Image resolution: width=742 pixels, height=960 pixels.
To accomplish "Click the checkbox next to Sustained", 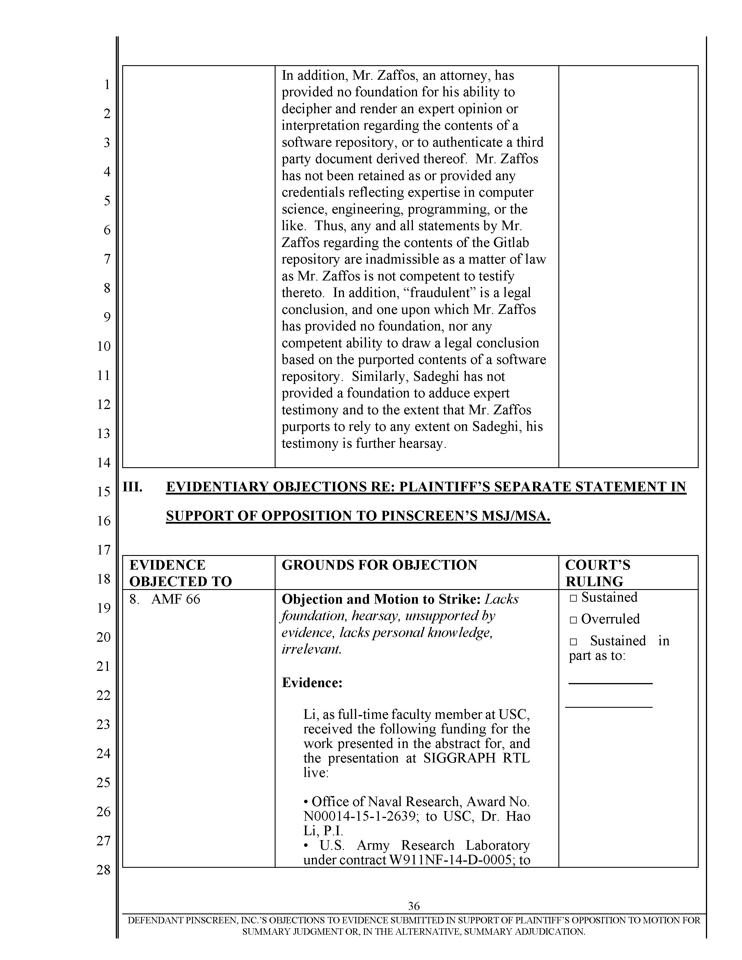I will tap(573, 598).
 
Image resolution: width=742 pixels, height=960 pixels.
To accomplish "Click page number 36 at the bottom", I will tap(414, 906).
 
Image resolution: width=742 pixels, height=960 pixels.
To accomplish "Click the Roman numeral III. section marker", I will tap(132, 487).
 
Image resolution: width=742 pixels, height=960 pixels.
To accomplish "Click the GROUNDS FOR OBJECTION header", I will tap(379, 565).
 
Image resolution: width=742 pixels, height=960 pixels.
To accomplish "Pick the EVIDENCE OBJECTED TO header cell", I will tap(180, 573).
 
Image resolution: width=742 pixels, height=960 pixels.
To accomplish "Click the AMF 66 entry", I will tap(175, 599).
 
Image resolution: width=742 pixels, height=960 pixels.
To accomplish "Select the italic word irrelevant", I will tap(311, 649).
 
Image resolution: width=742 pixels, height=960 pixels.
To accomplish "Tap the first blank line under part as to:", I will tap(610, 683).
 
